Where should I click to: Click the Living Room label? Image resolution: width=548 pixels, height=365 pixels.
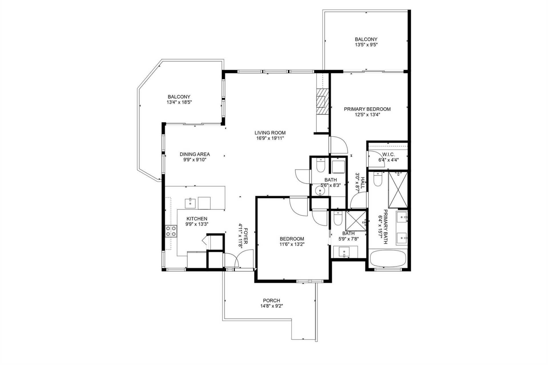270,133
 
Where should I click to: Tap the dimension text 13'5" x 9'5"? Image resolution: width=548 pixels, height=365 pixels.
366,45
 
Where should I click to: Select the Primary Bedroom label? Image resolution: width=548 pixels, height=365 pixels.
367,109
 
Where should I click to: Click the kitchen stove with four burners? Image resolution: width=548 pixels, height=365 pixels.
171,231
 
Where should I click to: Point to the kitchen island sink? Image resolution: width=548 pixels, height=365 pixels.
190,203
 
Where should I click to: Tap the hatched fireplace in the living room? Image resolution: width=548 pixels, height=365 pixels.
322,101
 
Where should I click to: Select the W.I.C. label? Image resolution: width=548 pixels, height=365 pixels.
388,154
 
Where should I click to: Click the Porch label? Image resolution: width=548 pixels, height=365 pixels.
271,300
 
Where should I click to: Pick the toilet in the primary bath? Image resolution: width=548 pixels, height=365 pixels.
378,179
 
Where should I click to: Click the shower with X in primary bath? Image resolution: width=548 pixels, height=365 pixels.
398,190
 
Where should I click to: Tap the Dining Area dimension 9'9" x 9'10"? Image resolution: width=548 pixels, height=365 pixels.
195,160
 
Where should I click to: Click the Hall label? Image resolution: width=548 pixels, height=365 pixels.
363,183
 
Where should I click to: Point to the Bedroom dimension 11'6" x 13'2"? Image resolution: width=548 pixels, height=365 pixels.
292,244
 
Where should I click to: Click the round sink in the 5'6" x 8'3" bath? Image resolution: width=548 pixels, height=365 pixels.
320,190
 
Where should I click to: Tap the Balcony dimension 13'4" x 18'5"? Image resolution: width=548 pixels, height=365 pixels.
179,102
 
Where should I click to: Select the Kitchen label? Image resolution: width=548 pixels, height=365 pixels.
197,219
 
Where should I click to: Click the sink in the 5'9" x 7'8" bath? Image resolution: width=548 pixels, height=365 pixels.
344,252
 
